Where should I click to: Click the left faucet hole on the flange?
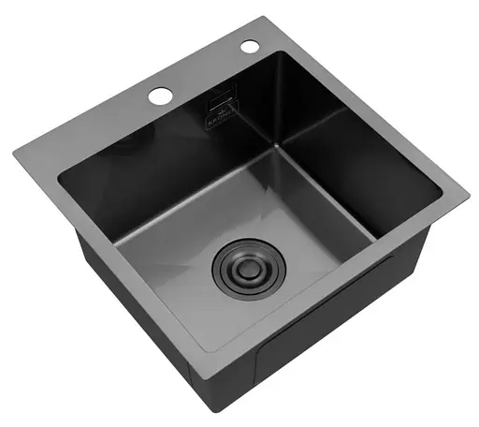(x=159, y=95)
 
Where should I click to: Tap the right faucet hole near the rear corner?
(x=249, y=46)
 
